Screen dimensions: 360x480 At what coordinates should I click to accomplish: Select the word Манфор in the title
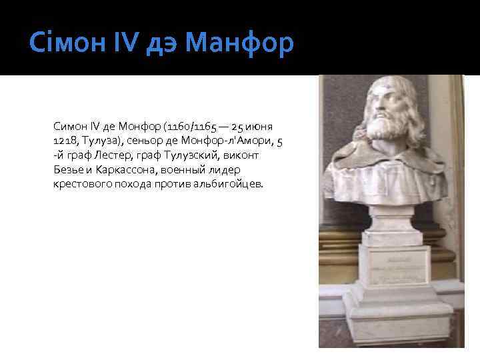coord(239,44)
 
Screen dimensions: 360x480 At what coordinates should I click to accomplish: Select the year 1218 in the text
coord(65,141)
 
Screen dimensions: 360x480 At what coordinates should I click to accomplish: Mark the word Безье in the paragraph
coord(67,170)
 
